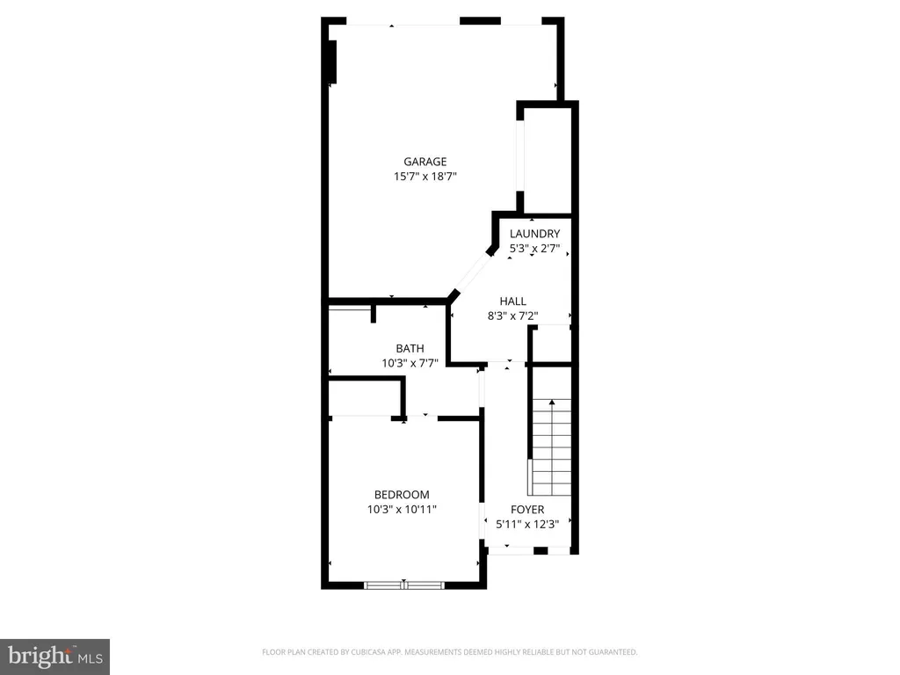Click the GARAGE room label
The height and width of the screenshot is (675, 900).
(x=425, y=162)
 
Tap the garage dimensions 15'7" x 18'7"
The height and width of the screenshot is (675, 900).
(x=425, y=177)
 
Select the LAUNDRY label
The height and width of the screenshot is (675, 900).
(x=534, y=234)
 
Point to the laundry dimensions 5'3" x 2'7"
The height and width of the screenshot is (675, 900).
(x=534, y=249)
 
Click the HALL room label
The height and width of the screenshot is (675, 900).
(x=512, y=301)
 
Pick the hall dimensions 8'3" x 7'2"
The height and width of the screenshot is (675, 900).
(x=512, y=316)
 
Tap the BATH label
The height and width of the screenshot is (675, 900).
(x=410, y=348)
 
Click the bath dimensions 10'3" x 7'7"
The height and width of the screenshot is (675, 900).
(x=410, y=363)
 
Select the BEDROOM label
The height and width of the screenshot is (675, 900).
(x=402, y=495)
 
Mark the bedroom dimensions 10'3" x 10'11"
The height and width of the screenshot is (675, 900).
(x=402, y=510)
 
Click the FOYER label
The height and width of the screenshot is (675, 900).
(x=527, y=510)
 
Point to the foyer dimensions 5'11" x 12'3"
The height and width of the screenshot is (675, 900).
(x=527, y=524)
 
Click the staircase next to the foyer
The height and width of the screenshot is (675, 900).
(x=550, y=447)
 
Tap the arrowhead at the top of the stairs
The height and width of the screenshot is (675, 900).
(x=552, y=403)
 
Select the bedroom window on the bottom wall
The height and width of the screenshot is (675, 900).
(x=404, y=585)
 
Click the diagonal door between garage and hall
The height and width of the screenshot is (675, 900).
(x=473, y=273)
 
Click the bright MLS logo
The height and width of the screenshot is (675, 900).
(x=54, y=657)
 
